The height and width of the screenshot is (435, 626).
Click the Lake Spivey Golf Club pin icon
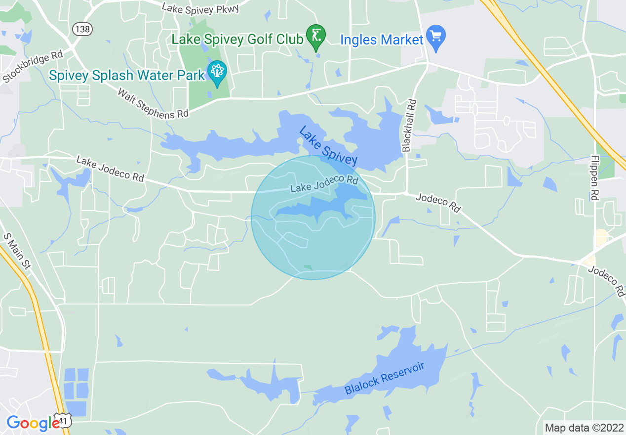[x=316, y=36]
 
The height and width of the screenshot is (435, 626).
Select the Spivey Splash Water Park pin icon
[x=217, y=72]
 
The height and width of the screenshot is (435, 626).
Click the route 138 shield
[x=81, y=30]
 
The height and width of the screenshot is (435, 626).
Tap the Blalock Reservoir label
[x=385, y=378]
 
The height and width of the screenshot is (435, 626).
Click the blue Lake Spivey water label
[x=328, y=145]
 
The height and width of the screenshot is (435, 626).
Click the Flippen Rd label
[x=595, y=177]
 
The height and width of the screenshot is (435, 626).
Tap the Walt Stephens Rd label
[x=153, y=103]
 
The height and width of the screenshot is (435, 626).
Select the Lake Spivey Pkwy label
[x=200, y=8]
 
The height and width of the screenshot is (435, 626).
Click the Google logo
[x=33, y=424]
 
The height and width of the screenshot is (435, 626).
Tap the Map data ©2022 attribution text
[x=583, y=428]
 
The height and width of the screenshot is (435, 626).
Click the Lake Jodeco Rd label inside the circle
[x=324, y=184]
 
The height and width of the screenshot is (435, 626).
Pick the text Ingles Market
[x=382, y=40]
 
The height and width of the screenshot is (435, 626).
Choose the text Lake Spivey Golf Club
[x=237, y=39]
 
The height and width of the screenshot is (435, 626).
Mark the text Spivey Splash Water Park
[x=127, y=75]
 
